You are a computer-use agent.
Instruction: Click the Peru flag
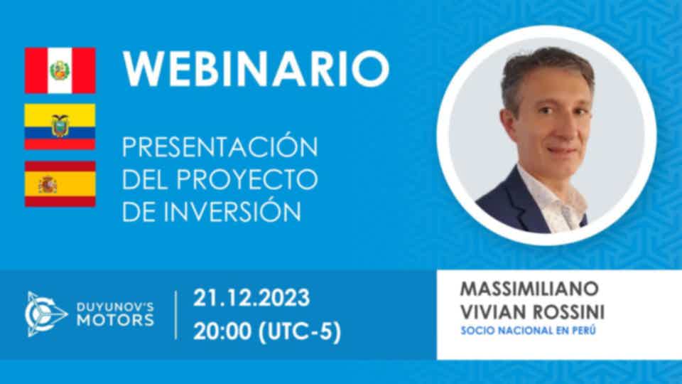pyautogui.click(x=60, y=70)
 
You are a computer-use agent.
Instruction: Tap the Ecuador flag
pyautogui.click(x=60, y=127)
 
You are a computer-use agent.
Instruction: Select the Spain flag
pyautogui.click(x=60, y=183)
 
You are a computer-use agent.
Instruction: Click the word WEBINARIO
pyautogui.click(x=256, y=69)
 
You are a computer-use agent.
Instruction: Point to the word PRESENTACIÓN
pyautogui.click(x=220, y=146)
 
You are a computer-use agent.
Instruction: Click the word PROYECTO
pyautogui.click(x=247, y=179)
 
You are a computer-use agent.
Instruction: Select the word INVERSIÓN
pyautogui.click(x=235, y=210)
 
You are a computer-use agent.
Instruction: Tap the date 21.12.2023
pyautogui.click(x=251, y=298)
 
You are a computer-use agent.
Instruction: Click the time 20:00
pyautogui.click(x=222, y=332)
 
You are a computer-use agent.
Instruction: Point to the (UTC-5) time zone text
pyautogui.click(x=300, y=332)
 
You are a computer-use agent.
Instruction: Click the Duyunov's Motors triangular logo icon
pyautogui.click(x=45, y=314)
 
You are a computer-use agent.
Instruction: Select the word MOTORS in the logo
pyautogui.click(x=115, y=321)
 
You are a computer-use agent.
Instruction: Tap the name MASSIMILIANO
pyautogui.click(x=529, y=289)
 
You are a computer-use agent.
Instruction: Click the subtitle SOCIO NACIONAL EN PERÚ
pyautogui.click(x=528, y=331)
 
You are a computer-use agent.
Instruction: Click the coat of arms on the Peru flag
pyautogui.click(x=60, y=70)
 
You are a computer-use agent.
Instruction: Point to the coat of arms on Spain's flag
pyautogui.click(x=48, y=185)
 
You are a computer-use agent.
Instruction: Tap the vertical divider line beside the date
pyautogui.click(x=176, y=315)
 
